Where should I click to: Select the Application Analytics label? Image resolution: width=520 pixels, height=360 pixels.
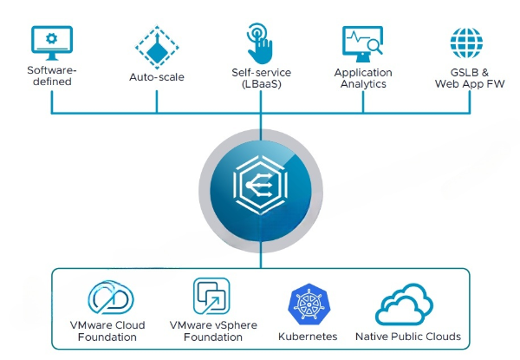(x=364, y=77)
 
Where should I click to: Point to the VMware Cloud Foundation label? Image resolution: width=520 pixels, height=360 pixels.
(x=107, y=331)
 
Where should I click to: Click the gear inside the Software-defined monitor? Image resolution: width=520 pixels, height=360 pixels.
(x=52, y=39)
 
